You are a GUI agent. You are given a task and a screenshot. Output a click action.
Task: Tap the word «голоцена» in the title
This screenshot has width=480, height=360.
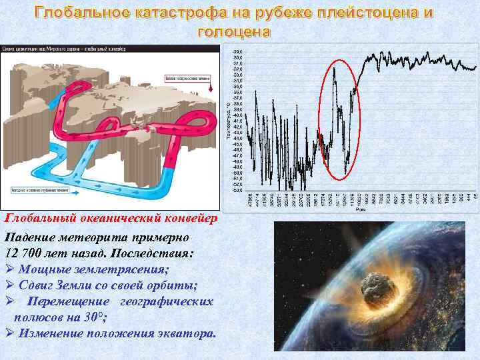click(x=235, y=31)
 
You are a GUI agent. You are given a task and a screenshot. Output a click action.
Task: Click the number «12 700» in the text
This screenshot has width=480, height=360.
click(x=27, y=253)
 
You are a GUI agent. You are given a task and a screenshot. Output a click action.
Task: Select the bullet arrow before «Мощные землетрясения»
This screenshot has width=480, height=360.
click(x=9, y=270)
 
